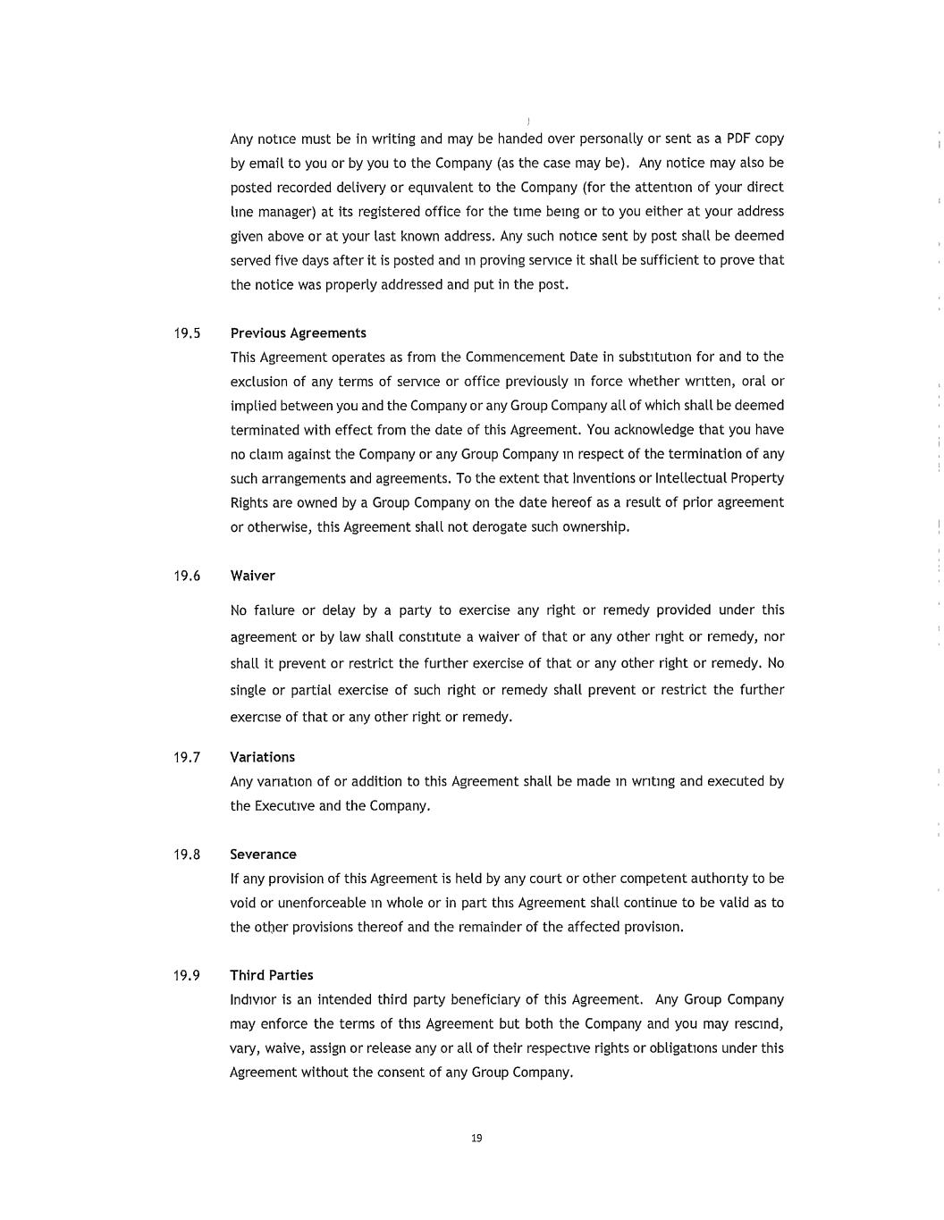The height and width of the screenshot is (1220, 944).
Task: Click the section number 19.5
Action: coord(187,333)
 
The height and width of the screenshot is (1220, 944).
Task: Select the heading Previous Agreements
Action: coord(298,333)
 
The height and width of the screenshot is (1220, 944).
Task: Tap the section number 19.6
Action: coord(187,576)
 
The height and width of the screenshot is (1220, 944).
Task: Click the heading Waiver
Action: coord(252,576)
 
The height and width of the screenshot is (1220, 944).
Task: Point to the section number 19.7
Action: coord(187,757)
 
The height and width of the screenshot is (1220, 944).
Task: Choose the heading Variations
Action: coord(262,757)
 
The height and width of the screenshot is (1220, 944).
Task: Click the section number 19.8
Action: coord(187,854)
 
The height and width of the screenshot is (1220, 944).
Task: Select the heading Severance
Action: coord(263,854)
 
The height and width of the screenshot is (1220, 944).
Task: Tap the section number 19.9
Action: coord(187,975)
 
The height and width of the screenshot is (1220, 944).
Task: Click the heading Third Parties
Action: coord(271,975)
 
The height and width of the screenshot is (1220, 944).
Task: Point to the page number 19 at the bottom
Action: coord(476,1138)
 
